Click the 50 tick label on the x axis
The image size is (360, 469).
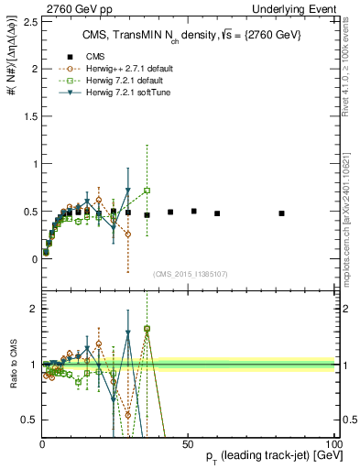click(x=186, y=443)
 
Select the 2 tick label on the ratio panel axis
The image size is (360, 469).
click(x=34, y=309)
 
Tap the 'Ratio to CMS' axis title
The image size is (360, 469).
click(x=12, y=364)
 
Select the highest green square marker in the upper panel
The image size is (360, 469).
click(x=147, y=191)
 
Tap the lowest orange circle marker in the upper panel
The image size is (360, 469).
click(x=46, y=251)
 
